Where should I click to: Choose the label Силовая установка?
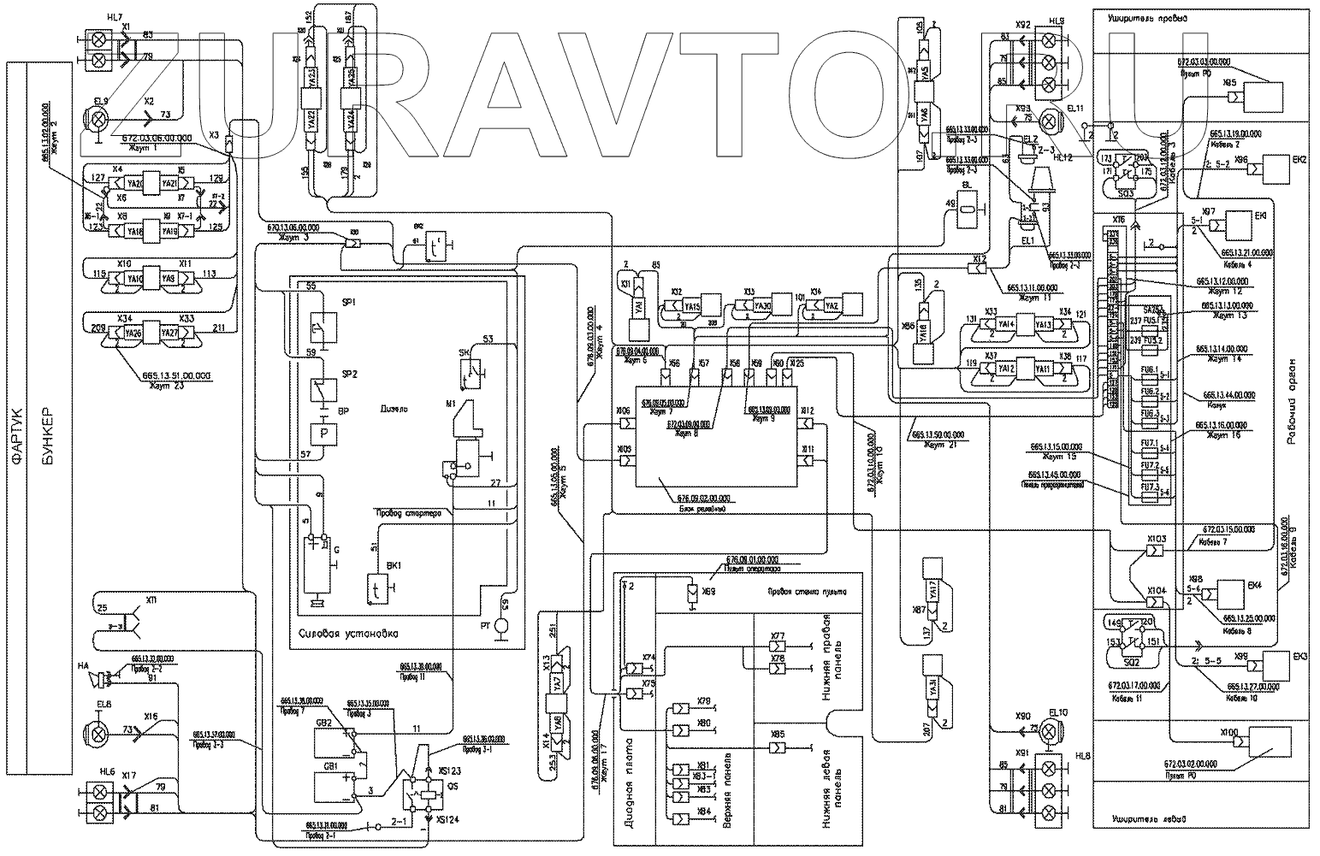(349, 634)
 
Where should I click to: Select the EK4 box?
(1230, 593)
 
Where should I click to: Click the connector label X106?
(624, 411)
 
